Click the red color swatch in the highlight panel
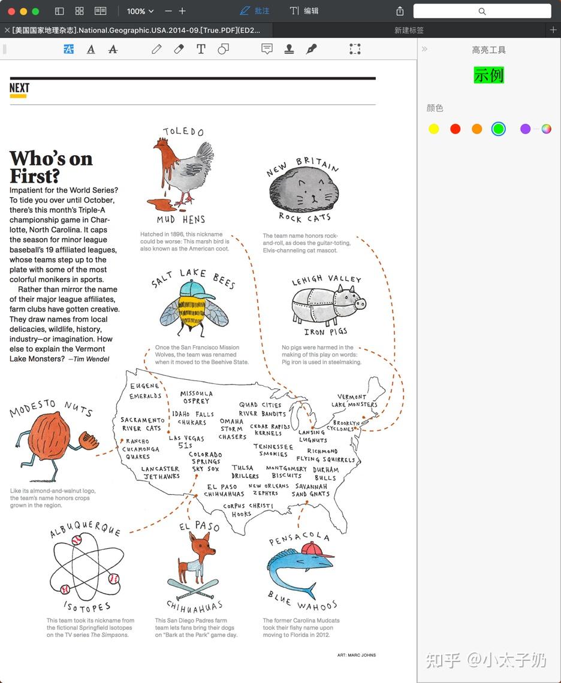coord(456,129)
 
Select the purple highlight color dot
coord(525,129)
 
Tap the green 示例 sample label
coord(488,75)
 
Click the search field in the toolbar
coord(482,11)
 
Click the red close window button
coord(11,11)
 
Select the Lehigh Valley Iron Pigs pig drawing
coord(327,303)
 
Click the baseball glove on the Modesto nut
coord(89,442)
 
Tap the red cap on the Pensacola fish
coord(316,549)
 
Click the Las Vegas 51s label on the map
coord(186,442)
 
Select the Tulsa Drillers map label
coord(245,472)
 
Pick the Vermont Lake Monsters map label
coord(354,400)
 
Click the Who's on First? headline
coord(51,167)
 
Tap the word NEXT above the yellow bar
coord(19,88)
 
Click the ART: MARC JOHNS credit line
coord(356,655)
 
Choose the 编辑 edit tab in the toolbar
coord(304,11)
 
